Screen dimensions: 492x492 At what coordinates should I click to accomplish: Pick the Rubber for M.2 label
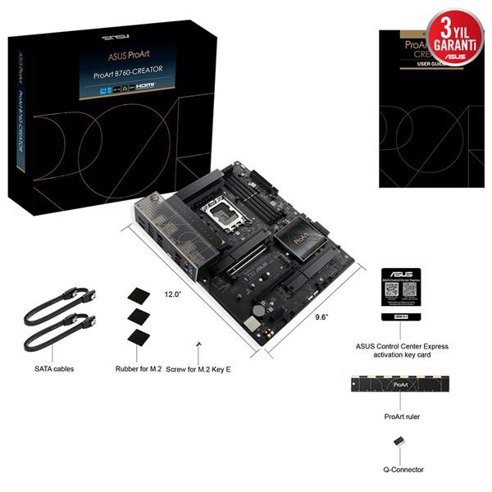pyautogui.click(x=138, y=369)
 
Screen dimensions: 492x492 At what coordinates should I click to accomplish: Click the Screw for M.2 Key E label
pyautogui.click(x=198, y=370)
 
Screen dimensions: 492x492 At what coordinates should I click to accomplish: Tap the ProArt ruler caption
pyautogui.click(x=401, y=417)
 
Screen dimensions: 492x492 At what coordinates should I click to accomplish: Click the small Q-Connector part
pyautogui.click(x=400, y=441)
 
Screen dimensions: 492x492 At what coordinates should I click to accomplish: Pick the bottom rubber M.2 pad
pyautogui.click(x=137, y=338)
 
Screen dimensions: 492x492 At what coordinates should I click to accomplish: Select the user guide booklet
pyautogui.click(x=426, y=107)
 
